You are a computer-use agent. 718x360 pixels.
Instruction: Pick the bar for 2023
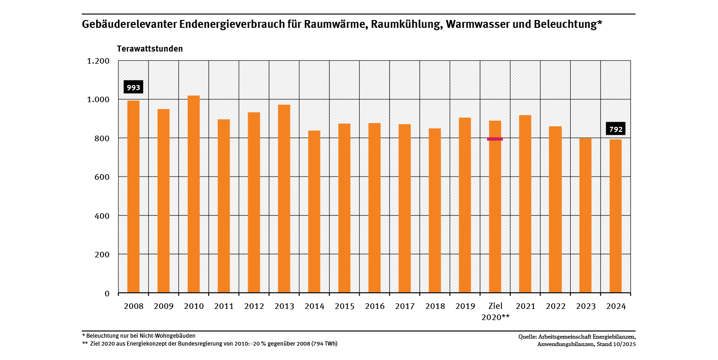tap(586, 216)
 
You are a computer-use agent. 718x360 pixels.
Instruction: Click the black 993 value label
tap(133, 87)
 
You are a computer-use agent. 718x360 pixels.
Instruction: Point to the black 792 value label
tap(616, 129)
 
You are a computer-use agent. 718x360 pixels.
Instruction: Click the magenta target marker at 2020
tap(495, 139)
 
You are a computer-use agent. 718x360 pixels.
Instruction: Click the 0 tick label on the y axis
tap(107, 294)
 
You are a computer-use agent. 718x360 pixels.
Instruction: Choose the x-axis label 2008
tap(133, 307)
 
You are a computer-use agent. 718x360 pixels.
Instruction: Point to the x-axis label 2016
tap(375, 307)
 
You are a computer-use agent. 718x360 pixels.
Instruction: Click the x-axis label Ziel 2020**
tap(495, 312)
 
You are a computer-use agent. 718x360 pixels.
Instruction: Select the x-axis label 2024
tap(616, 307)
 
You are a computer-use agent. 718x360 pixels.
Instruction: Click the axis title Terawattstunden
tap(150, 49)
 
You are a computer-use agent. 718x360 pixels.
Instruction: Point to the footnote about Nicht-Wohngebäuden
tap(138, 335)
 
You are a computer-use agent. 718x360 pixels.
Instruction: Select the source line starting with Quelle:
tap(577, 336)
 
